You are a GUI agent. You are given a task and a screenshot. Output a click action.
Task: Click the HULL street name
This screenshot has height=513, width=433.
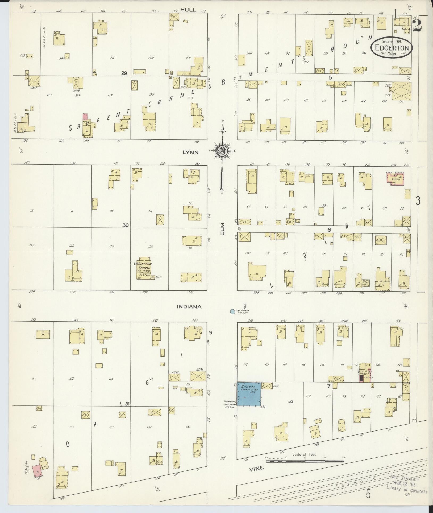click(188, 10)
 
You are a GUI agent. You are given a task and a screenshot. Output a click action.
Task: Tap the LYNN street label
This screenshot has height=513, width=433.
click(191, 152)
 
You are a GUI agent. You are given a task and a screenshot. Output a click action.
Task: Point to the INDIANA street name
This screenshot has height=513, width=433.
click(189, 307)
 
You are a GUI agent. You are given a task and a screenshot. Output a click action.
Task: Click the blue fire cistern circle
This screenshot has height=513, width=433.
click(233, 311)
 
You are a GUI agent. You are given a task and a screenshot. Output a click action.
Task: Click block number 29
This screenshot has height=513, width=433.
click(124, 73)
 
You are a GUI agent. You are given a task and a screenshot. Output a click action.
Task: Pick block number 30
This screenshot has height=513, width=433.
click(126, 225)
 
